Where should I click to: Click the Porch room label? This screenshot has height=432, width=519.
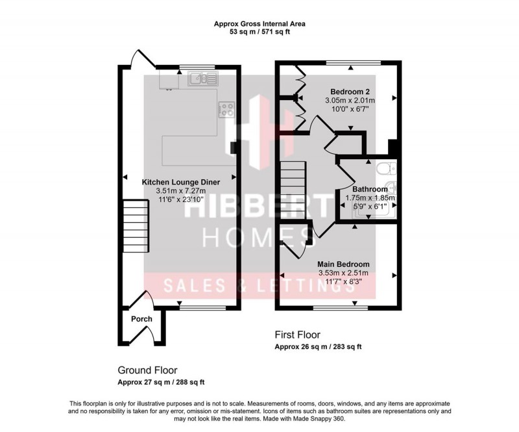[141, 319]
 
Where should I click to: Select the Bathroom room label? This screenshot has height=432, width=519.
[370, 188]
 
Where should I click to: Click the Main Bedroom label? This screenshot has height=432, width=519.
[343, 264]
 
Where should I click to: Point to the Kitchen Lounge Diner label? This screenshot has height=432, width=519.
[180, 182]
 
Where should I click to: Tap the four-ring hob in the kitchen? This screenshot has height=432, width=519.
[226, 109]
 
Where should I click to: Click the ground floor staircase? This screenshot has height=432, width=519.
[132, 221]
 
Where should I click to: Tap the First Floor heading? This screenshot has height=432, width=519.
[297, 335]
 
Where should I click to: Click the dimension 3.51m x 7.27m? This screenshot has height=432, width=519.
[180, 191]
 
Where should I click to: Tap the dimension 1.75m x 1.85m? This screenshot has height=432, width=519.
[370, 197]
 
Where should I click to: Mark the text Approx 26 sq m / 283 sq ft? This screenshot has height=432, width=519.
[318, 348]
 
